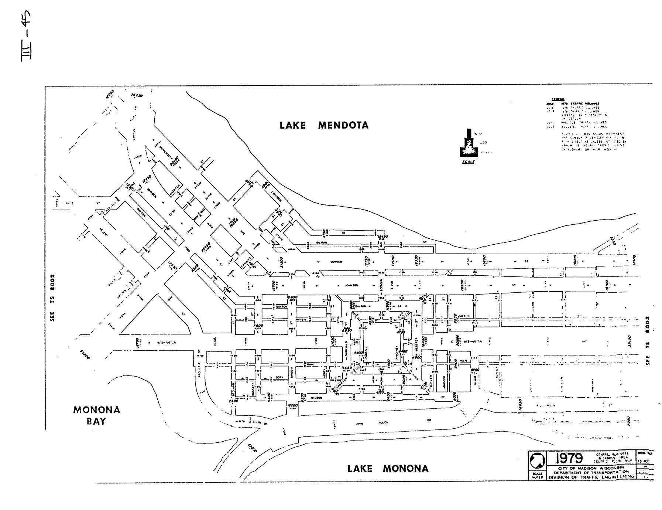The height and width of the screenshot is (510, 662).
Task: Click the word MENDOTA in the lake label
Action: point(343,125)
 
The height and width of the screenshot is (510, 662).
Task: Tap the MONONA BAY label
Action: point(96,415)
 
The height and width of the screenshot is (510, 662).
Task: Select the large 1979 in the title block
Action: point(569,459)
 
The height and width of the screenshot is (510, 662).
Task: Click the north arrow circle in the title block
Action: point(537,460)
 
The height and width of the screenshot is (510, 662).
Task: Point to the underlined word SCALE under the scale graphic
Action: point(468,162)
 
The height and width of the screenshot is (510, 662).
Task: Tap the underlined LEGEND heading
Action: point(557,99)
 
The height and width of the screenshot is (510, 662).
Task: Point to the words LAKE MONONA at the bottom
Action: point(388,469)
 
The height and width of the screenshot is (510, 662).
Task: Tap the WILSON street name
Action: point(316,398)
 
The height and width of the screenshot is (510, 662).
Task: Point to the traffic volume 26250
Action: point(137,95)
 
